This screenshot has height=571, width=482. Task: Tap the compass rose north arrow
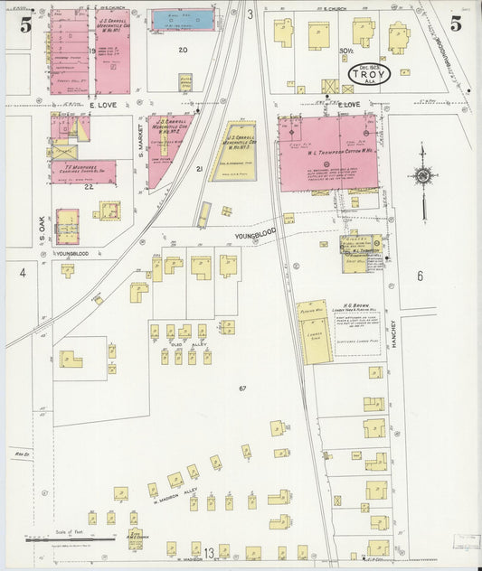point(422,175)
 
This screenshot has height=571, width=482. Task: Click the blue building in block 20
point(188,18)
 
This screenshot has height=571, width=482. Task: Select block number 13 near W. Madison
point(209,553)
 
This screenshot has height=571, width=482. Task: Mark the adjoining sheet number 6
point(420,276)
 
